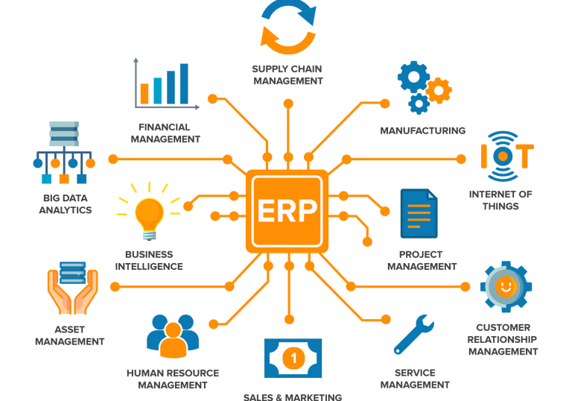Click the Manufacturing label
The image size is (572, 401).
(422, 130)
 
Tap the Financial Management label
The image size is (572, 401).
(165, 133)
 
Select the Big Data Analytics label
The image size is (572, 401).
(67, 204)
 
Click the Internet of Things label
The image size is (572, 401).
(500, 200)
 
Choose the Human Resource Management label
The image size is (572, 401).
(173, 379)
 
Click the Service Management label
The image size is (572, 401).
(415, 379)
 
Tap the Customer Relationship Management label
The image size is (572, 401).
(503, 339)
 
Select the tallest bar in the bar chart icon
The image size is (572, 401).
(184, 83)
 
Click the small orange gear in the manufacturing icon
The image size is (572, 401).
(439, 90)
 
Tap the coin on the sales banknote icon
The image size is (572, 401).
(293, 359)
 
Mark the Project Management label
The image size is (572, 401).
(422, 260)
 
